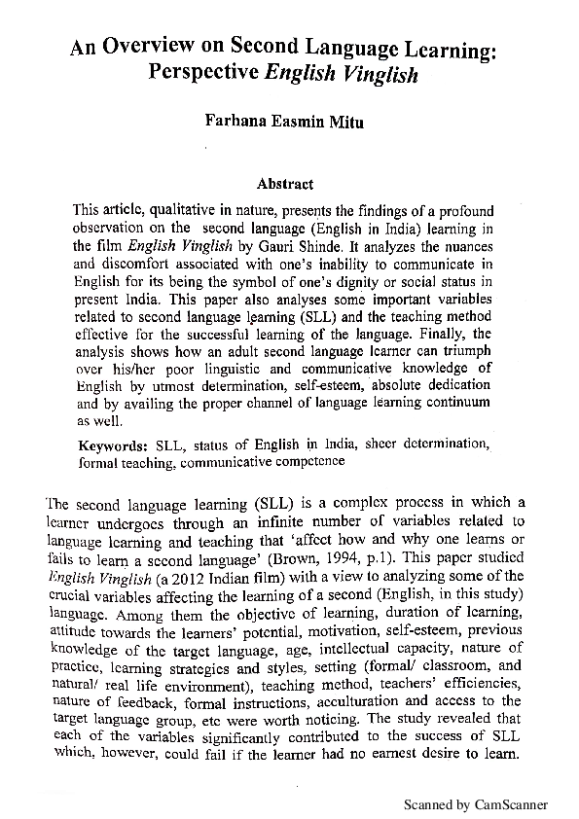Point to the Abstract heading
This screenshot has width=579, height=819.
pos(284,183)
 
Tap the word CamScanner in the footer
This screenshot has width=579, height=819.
pos(512,805)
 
